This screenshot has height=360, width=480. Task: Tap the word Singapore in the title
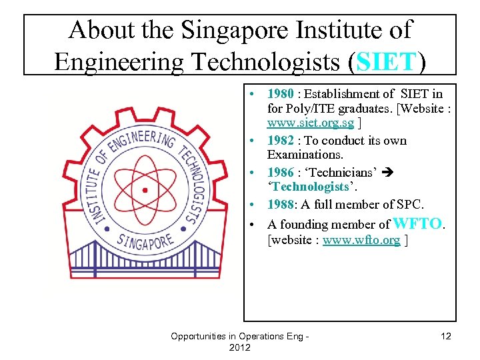(237, 29)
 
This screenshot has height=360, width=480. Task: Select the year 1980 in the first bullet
(281, 94)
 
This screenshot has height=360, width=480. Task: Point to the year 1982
(281, 141)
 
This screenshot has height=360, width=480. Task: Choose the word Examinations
(305, 154)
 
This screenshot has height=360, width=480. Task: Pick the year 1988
(281, 204)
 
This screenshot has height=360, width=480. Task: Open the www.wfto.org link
(361, 240)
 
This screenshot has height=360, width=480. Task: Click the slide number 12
(446, 337)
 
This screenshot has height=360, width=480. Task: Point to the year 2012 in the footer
(239, 348)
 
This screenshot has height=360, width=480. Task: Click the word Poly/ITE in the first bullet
(291, 109)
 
